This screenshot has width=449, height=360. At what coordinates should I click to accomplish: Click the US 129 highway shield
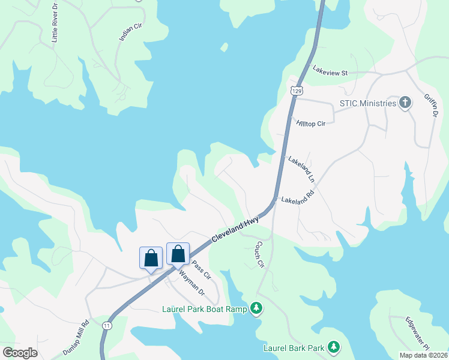tap(296, 91)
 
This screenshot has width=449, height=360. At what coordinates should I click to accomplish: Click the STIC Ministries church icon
tap(405, 103)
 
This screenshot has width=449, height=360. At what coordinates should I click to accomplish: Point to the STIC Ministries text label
tap(368, 104)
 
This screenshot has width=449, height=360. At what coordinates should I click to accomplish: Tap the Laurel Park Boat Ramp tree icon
tap(257, 308)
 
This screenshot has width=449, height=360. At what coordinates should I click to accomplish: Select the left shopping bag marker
tap(151, 258)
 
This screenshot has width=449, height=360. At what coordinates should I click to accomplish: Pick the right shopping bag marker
tap(178, 254)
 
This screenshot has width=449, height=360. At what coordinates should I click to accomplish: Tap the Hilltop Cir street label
tap(311, 123)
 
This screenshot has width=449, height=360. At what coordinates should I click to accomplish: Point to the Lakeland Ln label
tap(301, 169)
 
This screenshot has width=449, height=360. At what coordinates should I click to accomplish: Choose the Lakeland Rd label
tap(298, 197)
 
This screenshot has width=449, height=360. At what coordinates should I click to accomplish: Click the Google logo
tap(20, 353)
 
